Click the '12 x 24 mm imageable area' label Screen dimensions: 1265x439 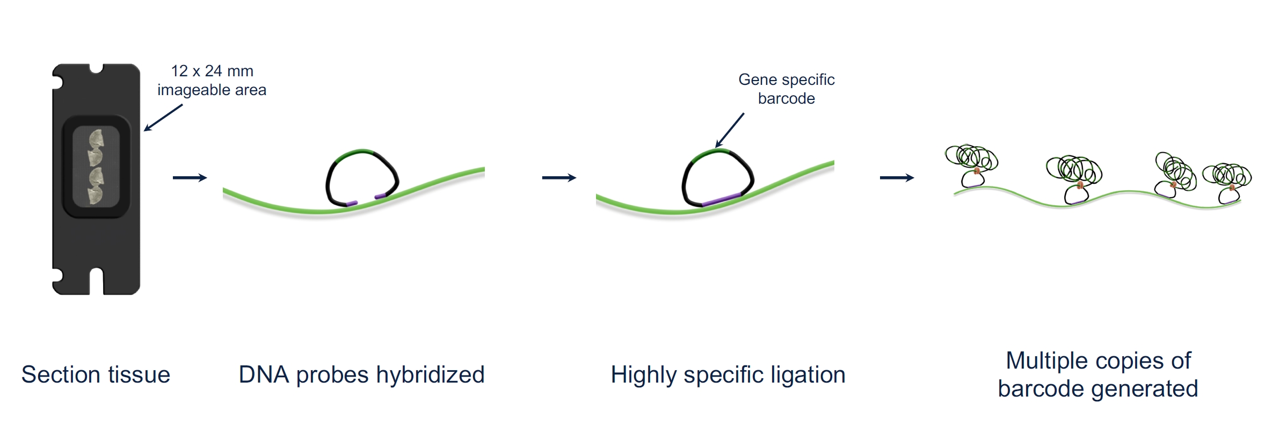212,81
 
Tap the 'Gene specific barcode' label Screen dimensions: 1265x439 787,89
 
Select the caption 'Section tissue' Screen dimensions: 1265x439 96,375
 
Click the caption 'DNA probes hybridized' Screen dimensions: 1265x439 361,375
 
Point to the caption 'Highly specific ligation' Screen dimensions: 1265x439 728,375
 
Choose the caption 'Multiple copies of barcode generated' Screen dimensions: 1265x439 1098,375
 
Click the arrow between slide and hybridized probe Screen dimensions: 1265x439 190,178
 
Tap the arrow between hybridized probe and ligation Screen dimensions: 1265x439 559,178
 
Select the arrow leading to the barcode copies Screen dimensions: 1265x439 897,178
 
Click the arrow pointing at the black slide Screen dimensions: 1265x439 163,118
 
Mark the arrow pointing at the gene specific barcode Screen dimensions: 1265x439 730,130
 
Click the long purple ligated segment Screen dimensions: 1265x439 721,199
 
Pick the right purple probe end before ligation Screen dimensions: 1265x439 381,196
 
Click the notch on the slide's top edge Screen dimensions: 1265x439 96,69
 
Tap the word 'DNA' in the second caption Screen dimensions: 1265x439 263,375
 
